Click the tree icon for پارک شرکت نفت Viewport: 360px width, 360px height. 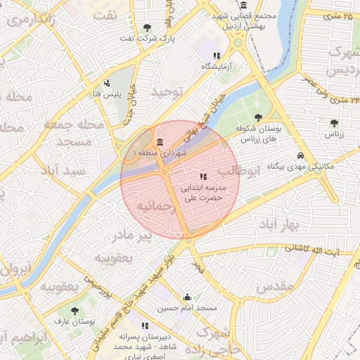147,28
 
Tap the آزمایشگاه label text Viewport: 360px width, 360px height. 216,66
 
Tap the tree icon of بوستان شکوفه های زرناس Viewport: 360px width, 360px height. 259,118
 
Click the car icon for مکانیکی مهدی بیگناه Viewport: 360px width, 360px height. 300,155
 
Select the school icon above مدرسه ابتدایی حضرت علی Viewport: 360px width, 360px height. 202,176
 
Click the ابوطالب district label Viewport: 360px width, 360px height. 238,171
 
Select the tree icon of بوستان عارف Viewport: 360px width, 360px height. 75,310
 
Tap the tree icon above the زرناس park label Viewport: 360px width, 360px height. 333,123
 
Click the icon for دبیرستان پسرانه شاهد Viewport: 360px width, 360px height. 145,326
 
